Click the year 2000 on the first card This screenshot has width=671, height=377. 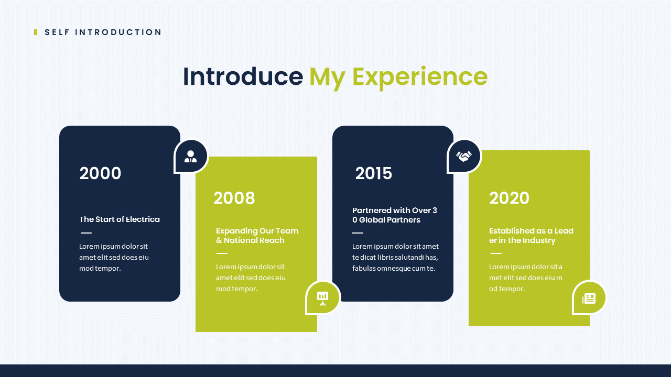click(100, 173)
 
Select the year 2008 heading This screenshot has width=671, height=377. click(234, 198)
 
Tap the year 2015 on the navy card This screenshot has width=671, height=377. click(373, 173)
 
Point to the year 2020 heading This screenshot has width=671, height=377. click(509, 198)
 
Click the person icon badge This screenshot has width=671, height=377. click(191, 156)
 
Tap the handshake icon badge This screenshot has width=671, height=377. click(464, 156)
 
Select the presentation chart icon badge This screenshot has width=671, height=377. click(322, 297)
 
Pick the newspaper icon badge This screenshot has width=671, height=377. click(589, 298)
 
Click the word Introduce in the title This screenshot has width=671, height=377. click(243, 76)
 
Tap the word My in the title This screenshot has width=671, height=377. click(327, 76)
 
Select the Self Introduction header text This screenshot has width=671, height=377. click(103, 32)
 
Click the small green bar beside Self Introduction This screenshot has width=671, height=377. click(36, 32)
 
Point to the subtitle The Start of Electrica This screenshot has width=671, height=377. click(120, 219)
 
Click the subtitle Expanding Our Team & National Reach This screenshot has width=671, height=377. click(257, 236)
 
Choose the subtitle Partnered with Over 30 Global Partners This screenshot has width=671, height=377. click(394, 215)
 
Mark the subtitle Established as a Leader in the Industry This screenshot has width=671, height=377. click(531, 236)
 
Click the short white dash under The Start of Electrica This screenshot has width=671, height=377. click(86, 233)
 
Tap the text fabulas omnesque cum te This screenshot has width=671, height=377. click(394, 269)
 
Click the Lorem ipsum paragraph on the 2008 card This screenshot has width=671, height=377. click(251, 278)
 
